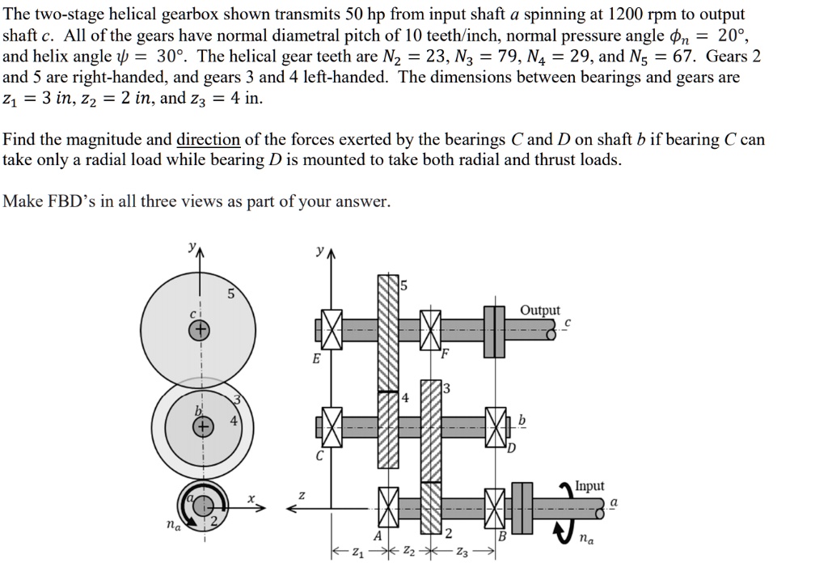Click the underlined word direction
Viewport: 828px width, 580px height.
click(x=208, y=140)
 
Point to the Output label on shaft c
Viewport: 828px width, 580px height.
click(x=539, y=311)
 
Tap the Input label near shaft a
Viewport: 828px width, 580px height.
click(x=589, y=485)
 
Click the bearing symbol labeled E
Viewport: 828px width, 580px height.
click(x=329, y=331)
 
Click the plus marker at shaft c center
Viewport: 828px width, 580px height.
click(x=199, y=330)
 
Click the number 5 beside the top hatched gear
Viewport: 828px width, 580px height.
click(x=404, y=285)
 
